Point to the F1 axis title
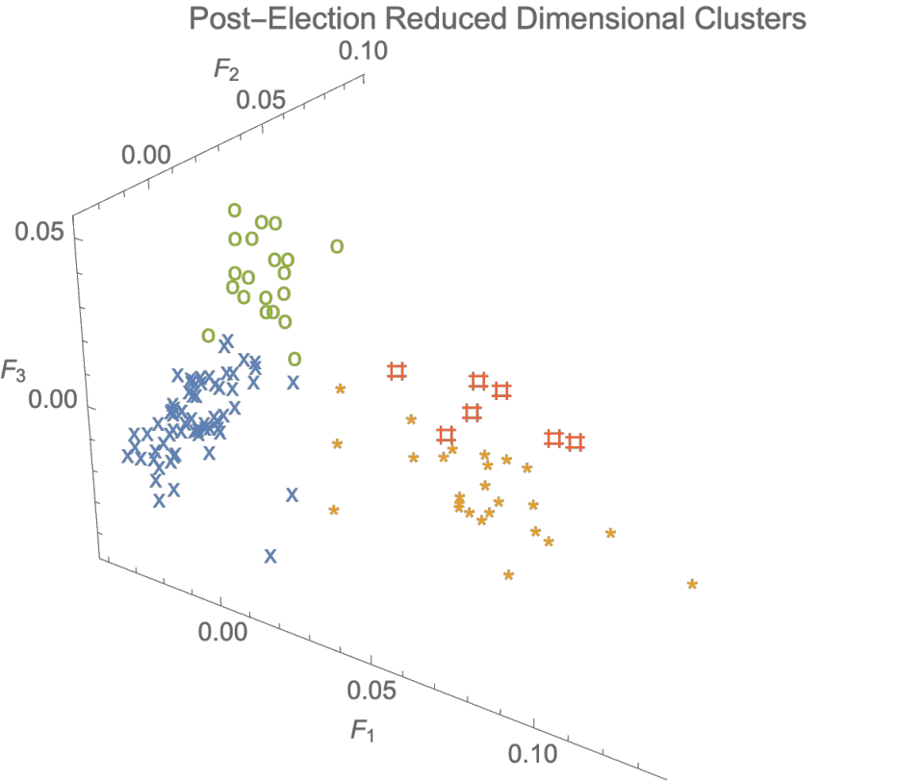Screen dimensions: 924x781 [x=363, y=731]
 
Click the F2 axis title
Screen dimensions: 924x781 [x=226, y=69]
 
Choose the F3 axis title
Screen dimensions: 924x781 [x=13, y=371]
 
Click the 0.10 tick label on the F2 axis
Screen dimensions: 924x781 [x=363, y=51]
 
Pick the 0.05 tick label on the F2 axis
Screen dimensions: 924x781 [x=261, y=100]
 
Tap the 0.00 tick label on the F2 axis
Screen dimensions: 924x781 [x=146, y=155]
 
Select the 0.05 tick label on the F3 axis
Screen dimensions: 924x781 [x=39, y=232]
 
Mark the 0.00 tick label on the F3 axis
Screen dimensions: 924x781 [x=53, y=399]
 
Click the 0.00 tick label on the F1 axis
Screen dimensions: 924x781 [x=222, y=632]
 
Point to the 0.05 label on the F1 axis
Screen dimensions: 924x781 [x=372, y=691]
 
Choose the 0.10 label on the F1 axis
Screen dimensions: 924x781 [x=532, y=753]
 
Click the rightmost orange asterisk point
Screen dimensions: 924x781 [x=692, y=584]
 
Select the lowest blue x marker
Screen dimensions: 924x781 [x=270, y=555]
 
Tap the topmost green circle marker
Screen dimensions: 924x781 [x=235, y=210]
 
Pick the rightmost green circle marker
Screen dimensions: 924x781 [x=337, y=246]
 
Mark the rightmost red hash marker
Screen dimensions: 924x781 [x=576, y=441]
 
